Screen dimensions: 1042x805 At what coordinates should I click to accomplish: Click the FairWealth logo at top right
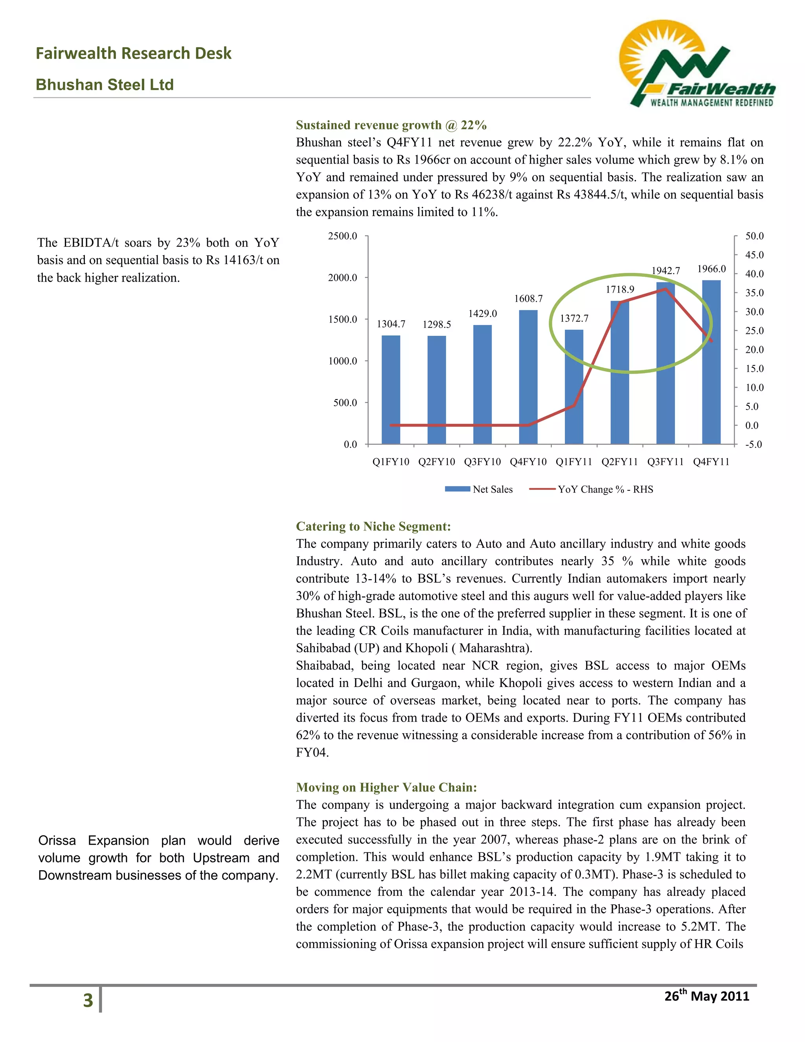coord(696,64)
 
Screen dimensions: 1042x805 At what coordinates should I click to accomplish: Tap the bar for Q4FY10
coord(528,377)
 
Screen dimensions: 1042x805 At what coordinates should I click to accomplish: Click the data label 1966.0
coord(711,269)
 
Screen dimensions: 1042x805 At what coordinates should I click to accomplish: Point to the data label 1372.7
coord(574,318)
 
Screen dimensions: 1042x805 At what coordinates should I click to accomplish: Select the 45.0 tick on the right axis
coord(754,255)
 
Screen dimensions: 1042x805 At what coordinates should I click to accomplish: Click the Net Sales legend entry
coord(479,489)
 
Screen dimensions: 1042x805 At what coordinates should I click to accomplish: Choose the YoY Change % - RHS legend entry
coord(591,489)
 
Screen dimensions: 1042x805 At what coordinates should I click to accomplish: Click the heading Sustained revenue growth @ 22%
coord(391,125)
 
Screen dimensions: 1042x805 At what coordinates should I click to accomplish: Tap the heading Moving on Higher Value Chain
coord(386,787)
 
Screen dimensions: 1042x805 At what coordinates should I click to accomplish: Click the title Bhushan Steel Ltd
coord(105,85)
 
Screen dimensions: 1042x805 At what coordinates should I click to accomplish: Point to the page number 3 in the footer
coord(88,1000)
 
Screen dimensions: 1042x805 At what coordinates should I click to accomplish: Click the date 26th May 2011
coord(707,996)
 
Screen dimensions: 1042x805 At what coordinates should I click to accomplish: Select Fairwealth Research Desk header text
coord(134,53)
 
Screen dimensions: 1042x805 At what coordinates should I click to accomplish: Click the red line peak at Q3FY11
coord(665,289)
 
